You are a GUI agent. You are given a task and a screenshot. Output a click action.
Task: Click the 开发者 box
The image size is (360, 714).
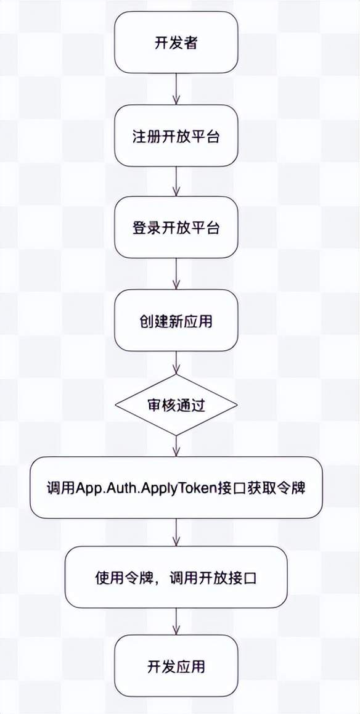pos(176,43)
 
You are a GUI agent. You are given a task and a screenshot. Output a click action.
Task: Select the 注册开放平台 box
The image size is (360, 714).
pos(176,136)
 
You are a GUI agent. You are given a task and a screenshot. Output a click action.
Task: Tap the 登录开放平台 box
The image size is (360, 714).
pos(176,228)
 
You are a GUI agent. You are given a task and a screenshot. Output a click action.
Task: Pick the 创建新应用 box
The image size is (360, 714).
pos(176,321)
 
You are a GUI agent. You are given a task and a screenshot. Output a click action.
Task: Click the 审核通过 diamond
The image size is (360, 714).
pos(176,405)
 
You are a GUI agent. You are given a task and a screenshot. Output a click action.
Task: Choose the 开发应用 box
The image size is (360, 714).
pos(176,667)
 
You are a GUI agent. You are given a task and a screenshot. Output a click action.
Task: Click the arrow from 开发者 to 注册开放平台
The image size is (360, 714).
pos(176,89)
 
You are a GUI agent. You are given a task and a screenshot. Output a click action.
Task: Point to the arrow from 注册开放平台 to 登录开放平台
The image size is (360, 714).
pos(176,182)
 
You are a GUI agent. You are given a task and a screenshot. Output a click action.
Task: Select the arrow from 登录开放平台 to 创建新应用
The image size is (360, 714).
pos(176,274)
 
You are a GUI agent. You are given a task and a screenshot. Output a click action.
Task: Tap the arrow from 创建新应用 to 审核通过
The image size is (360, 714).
pos(176,363)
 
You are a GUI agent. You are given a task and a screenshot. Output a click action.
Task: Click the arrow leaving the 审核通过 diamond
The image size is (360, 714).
pos(176,446)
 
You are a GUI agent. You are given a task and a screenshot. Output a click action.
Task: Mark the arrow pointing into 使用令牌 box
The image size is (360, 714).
pos(176,532)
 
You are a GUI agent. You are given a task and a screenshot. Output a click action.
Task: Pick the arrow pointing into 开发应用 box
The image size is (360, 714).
pos(176,622)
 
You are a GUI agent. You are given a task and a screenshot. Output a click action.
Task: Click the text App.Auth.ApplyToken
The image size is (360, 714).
pos(161,488)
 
